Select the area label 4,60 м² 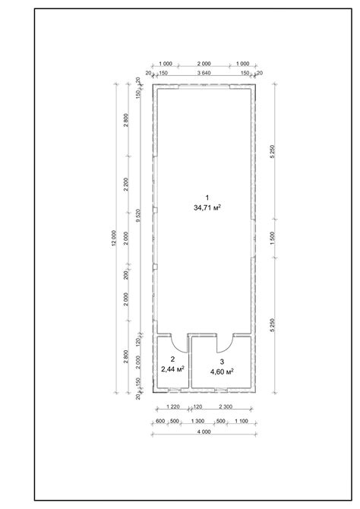pyautogui.click(x=222, y=371)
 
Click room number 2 pyautogui.click(x=173, y=359)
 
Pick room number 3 pyautogui.click(x=222, y=362)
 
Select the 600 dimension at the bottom pyautogui.click(x=160, y=420)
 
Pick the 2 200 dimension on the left pyautogui.click(x=126, y=186)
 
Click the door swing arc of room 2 pyautogui.click(x=176, y=345)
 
